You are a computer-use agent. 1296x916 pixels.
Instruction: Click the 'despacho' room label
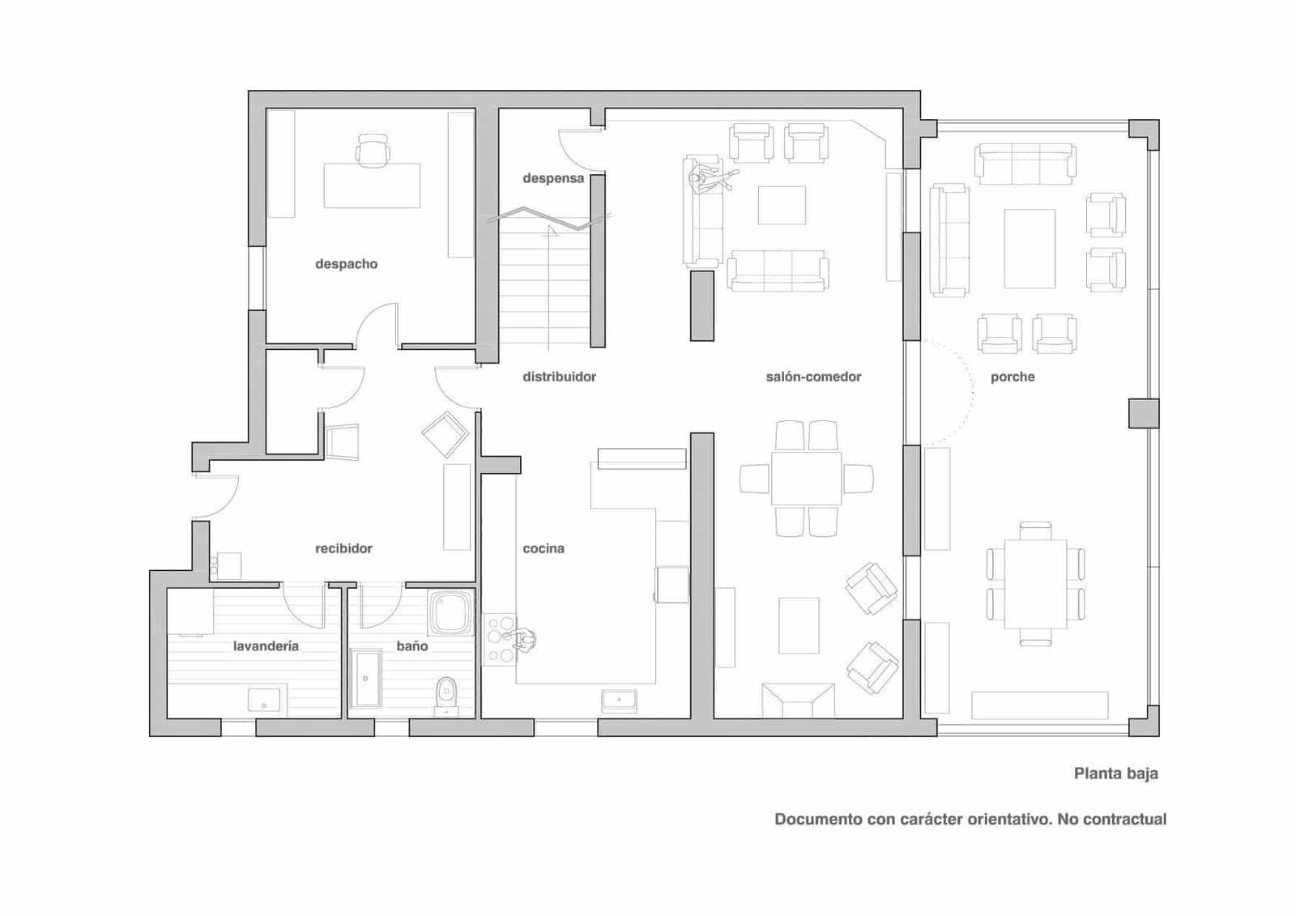click(346, 265)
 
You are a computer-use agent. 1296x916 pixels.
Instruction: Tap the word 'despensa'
click(553, 179)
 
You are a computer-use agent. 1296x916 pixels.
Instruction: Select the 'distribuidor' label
click(559, 377)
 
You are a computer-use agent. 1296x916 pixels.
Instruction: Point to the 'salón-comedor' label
click(813, 377)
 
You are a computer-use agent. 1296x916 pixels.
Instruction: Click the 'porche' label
click(1013, 377)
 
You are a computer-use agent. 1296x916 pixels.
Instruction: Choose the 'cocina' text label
click(544, 548)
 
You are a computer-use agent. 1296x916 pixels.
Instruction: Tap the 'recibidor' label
click(343, 548)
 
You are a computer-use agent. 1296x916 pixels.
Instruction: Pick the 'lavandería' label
click(266, 645)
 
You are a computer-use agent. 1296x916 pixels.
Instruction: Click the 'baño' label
click(412, 645)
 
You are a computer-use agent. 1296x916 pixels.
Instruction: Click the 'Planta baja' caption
click(1116, 773)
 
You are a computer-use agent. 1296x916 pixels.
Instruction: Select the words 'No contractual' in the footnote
click(1112, 820)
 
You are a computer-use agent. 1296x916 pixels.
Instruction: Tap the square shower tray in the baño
click(450, 613)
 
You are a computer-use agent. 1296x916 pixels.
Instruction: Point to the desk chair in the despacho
click(372, 151)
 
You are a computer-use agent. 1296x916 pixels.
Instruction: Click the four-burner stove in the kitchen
click(499, 639)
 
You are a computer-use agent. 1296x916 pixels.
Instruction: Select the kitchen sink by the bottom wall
click(619, 701)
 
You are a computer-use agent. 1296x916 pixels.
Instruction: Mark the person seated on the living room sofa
click(712, 177)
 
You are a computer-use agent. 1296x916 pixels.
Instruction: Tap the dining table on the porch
click(1036, 583)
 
